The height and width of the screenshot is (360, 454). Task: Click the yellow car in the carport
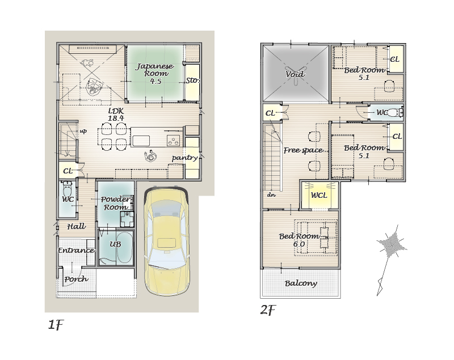point(167,241)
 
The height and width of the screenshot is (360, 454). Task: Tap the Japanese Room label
point(155,74)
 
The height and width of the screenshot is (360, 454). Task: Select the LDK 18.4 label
point(116,115)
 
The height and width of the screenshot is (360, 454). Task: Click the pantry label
point(184,158)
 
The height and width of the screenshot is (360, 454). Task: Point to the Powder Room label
point(116,203)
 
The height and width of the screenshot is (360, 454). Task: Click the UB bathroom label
point(115,244)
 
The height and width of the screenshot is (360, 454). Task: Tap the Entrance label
point(76,251)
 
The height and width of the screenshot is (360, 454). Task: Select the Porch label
point(76,279)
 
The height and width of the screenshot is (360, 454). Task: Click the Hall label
point(77,226)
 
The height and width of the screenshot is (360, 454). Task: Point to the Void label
point(295,74)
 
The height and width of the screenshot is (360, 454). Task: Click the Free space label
point(303,150)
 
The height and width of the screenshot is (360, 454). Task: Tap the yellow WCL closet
point(320,195)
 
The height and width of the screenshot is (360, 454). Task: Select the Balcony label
point(301,283)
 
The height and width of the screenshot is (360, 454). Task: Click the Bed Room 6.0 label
point(300,240)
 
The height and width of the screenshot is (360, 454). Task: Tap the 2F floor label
point(268,310)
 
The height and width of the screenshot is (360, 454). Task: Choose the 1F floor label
point(56,325)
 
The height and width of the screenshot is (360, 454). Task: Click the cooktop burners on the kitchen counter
point(174,141)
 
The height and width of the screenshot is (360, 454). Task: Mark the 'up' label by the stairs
point(83,132)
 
